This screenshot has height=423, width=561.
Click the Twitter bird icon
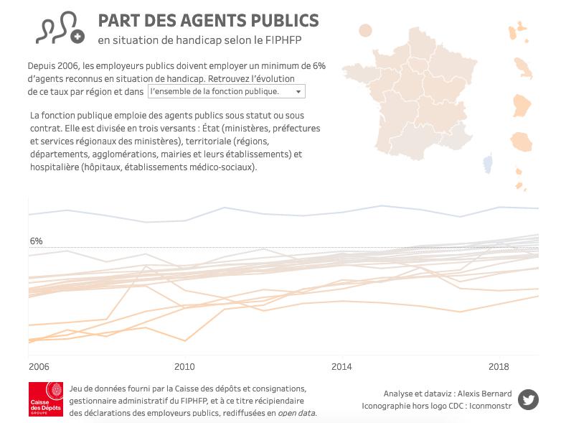(528, 399)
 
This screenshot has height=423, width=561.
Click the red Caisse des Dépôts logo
(46, 399)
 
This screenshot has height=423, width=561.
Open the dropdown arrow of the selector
(298, 92)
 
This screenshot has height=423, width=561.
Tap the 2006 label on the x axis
(39, 367)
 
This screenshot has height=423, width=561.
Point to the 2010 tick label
(184, 367)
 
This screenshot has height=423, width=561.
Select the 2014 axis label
(341, 367)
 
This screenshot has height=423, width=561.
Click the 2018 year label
(499, 367)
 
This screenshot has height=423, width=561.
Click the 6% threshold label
(36, 241)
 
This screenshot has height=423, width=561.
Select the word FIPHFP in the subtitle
(283, 39)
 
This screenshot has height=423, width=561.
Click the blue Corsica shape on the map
(488, 163)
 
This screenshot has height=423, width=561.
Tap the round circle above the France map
(365, 30)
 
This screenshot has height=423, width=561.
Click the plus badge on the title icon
(77, 37)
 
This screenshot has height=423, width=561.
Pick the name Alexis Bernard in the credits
(484, 394)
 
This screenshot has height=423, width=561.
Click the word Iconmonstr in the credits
(491, 406)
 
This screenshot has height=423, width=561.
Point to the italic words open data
(297, 413)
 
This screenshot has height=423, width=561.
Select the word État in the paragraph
(211, 129)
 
